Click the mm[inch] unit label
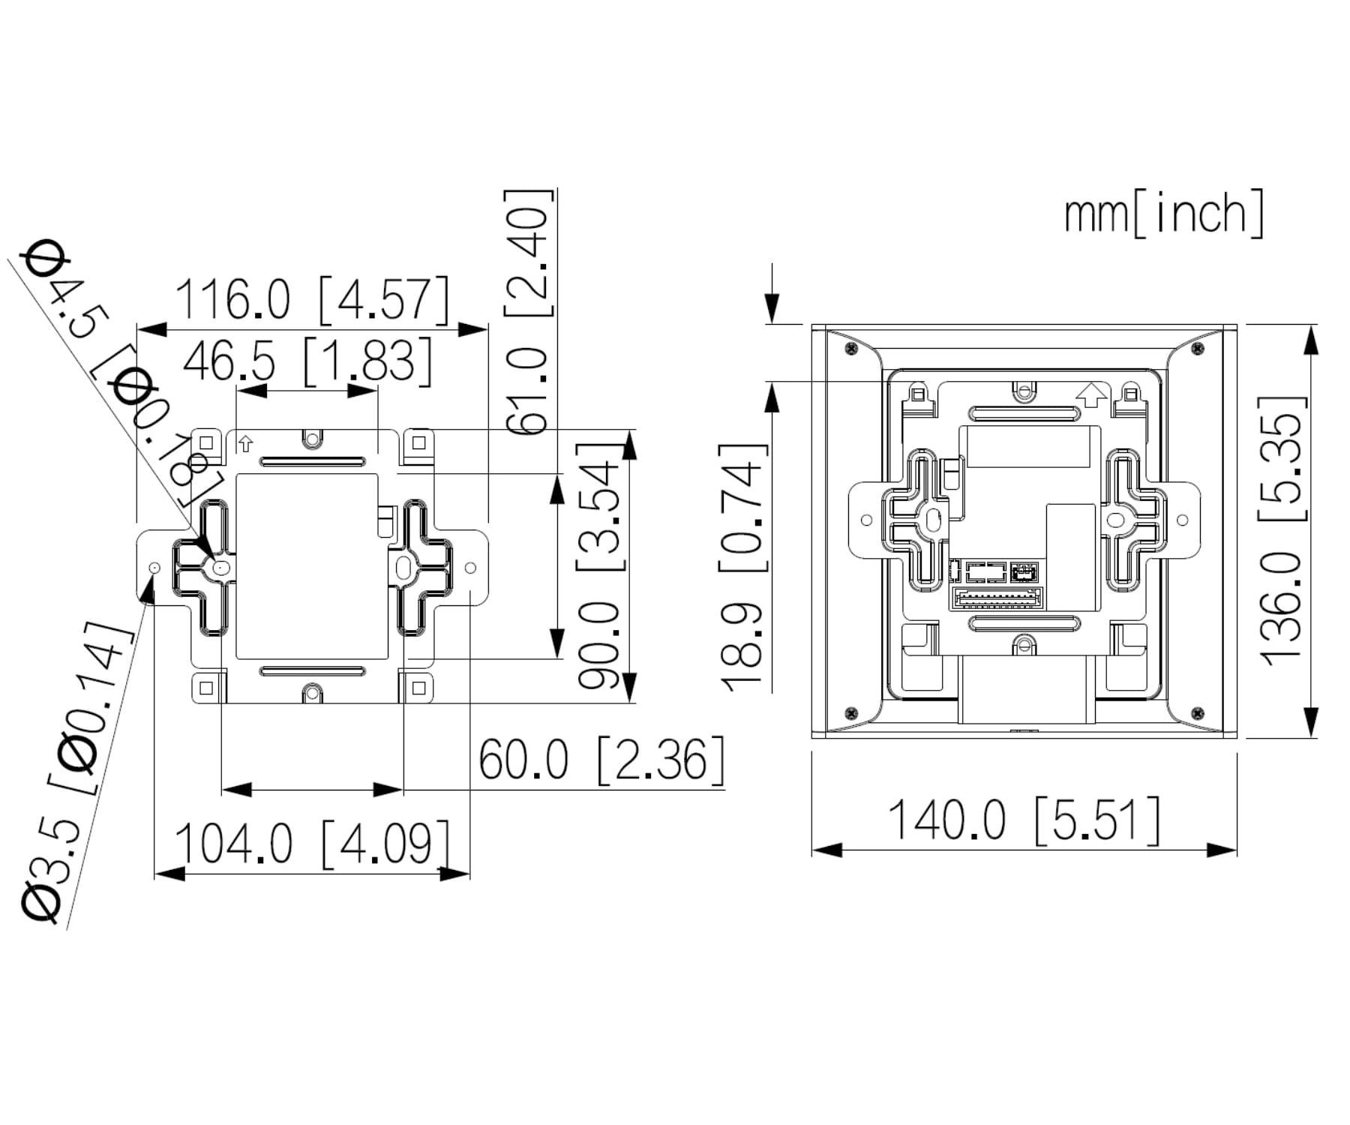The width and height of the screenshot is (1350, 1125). [x=1163, y=214]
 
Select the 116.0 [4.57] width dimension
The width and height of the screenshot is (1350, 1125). [x=311, y=300]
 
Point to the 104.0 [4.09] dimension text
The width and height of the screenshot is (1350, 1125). [x=313, y=843]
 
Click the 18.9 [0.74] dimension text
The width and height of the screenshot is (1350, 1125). [x=743, y=567]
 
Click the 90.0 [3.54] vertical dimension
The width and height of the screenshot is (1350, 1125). [x=600, y=566]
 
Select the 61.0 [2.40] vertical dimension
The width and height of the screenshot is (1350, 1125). [x=528, y=311]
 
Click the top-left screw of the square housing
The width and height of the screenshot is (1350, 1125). [x=850, y=349]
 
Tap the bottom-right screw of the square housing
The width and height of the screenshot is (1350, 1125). [x=1198, y=712]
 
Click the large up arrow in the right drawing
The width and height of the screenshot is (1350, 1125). [x=1091, y=394]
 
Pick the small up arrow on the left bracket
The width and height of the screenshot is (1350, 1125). [x=245, y=444]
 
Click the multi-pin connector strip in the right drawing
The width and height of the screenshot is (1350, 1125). [x=997, y=598]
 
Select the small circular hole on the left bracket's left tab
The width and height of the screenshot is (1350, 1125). [x=154, y=568]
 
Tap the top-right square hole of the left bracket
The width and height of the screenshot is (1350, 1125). [x=419, y=442]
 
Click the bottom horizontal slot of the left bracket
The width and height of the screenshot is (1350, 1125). [x=312, y=670]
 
